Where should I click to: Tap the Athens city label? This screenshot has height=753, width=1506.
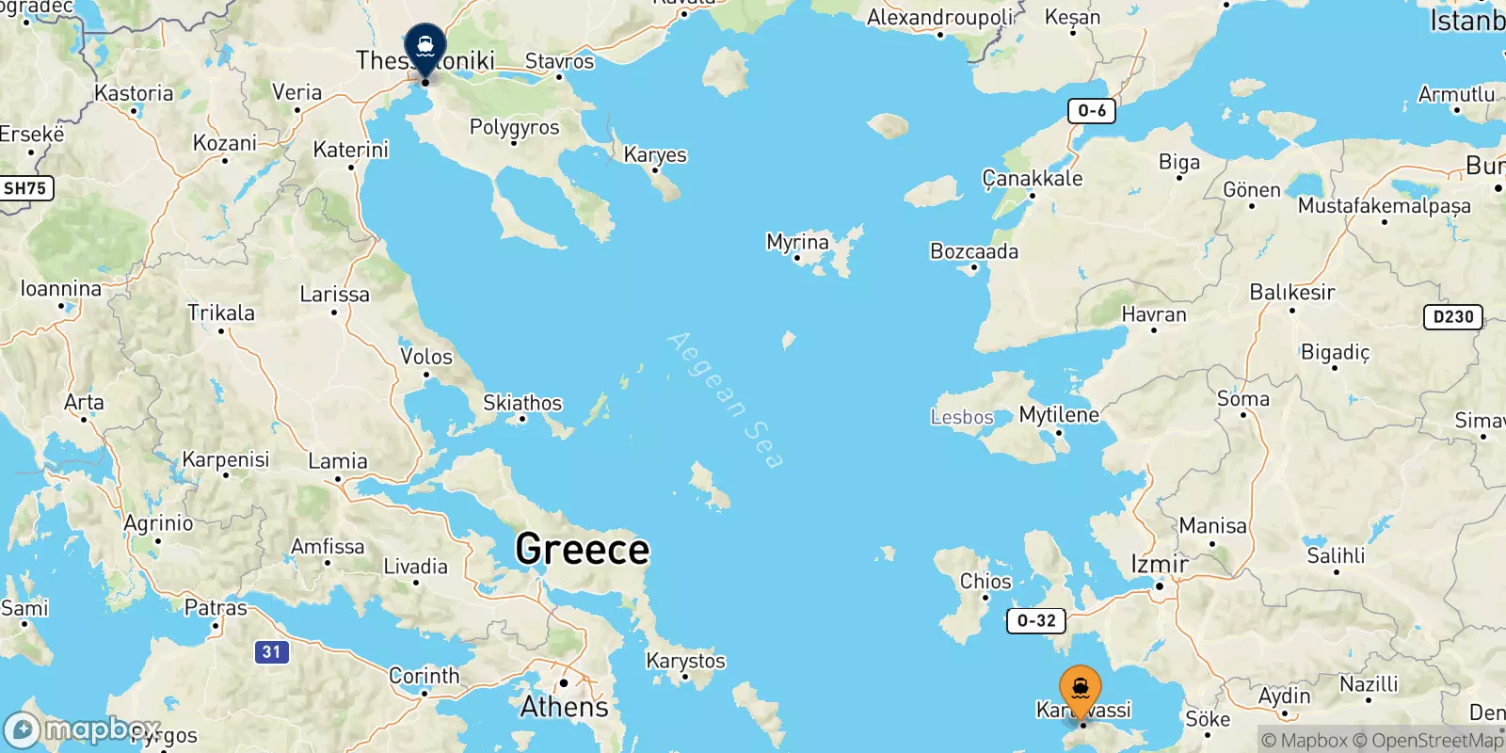[x=565, y=706]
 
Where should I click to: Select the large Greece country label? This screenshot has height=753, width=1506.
[x=583, y=550]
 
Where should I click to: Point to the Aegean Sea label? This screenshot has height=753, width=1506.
[x=725, y=400]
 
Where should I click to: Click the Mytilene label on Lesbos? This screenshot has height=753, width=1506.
[x=1059, y=414]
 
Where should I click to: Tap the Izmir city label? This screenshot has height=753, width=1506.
[x=1159, y=564]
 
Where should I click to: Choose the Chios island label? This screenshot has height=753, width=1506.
[x=985, y=581]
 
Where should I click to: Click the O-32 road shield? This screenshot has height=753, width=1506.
[x=1036, y=620]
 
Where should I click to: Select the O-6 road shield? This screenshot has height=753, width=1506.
[x=1092, y=111]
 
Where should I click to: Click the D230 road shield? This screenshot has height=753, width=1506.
[x=1453, y=317]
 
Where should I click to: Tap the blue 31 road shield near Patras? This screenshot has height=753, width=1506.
[x=271, y=651]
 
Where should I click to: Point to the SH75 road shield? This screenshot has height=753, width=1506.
[x=25, y=188]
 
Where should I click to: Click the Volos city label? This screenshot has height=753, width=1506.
[x=426, y=357]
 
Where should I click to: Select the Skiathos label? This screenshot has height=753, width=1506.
[x=522, y=403]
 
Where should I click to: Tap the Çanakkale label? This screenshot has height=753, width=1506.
[x=1033, y=178]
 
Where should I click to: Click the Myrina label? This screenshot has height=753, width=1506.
[x=797, y=242]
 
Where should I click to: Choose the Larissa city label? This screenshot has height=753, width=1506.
[x=334, y=295]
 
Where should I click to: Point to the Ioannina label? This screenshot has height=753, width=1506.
[x=61, y=289]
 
